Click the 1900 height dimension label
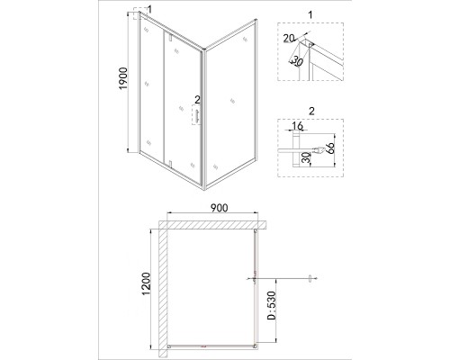(x=123, y=78)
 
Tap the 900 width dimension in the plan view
(x=219, y=208)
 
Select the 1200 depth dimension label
(x=146, y=283)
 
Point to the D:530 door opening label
(x=271, y=305)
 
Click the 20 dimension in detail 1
(x=289, y=39)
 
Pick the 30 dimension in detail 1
(x=296, y=62)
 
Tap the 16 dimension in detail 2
(x=297, y=126)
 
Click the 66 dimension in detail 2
(x=329, y=148)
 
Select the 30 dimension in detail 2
(x=305, y=157)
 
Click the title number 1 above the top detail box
(x=310, y=14)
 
